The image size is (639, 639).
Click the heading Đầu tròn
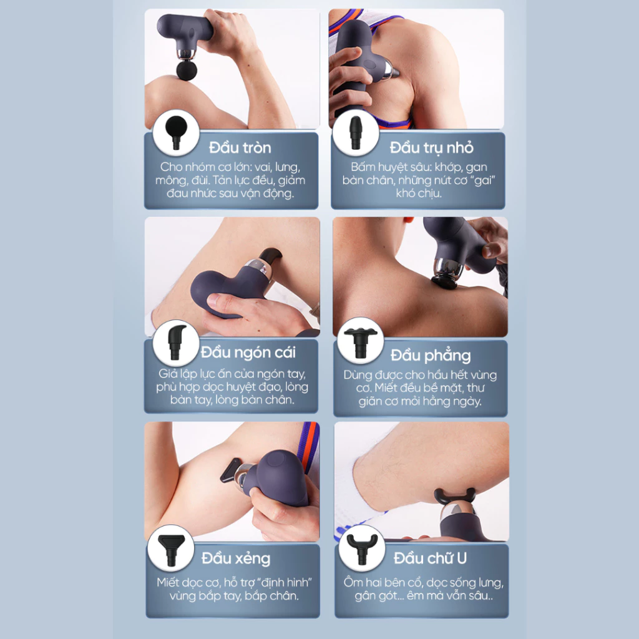point(240,148)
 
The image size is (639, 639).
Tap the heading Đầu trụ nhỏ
point(431,148)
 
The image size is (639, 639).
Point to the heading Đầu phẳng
point(431,356)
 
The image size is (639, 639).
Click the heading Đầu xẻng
point(236,557)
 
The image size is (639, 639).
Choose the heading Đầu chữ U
point(430,557)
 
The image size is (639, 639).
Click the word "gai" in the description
point(489,180)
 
